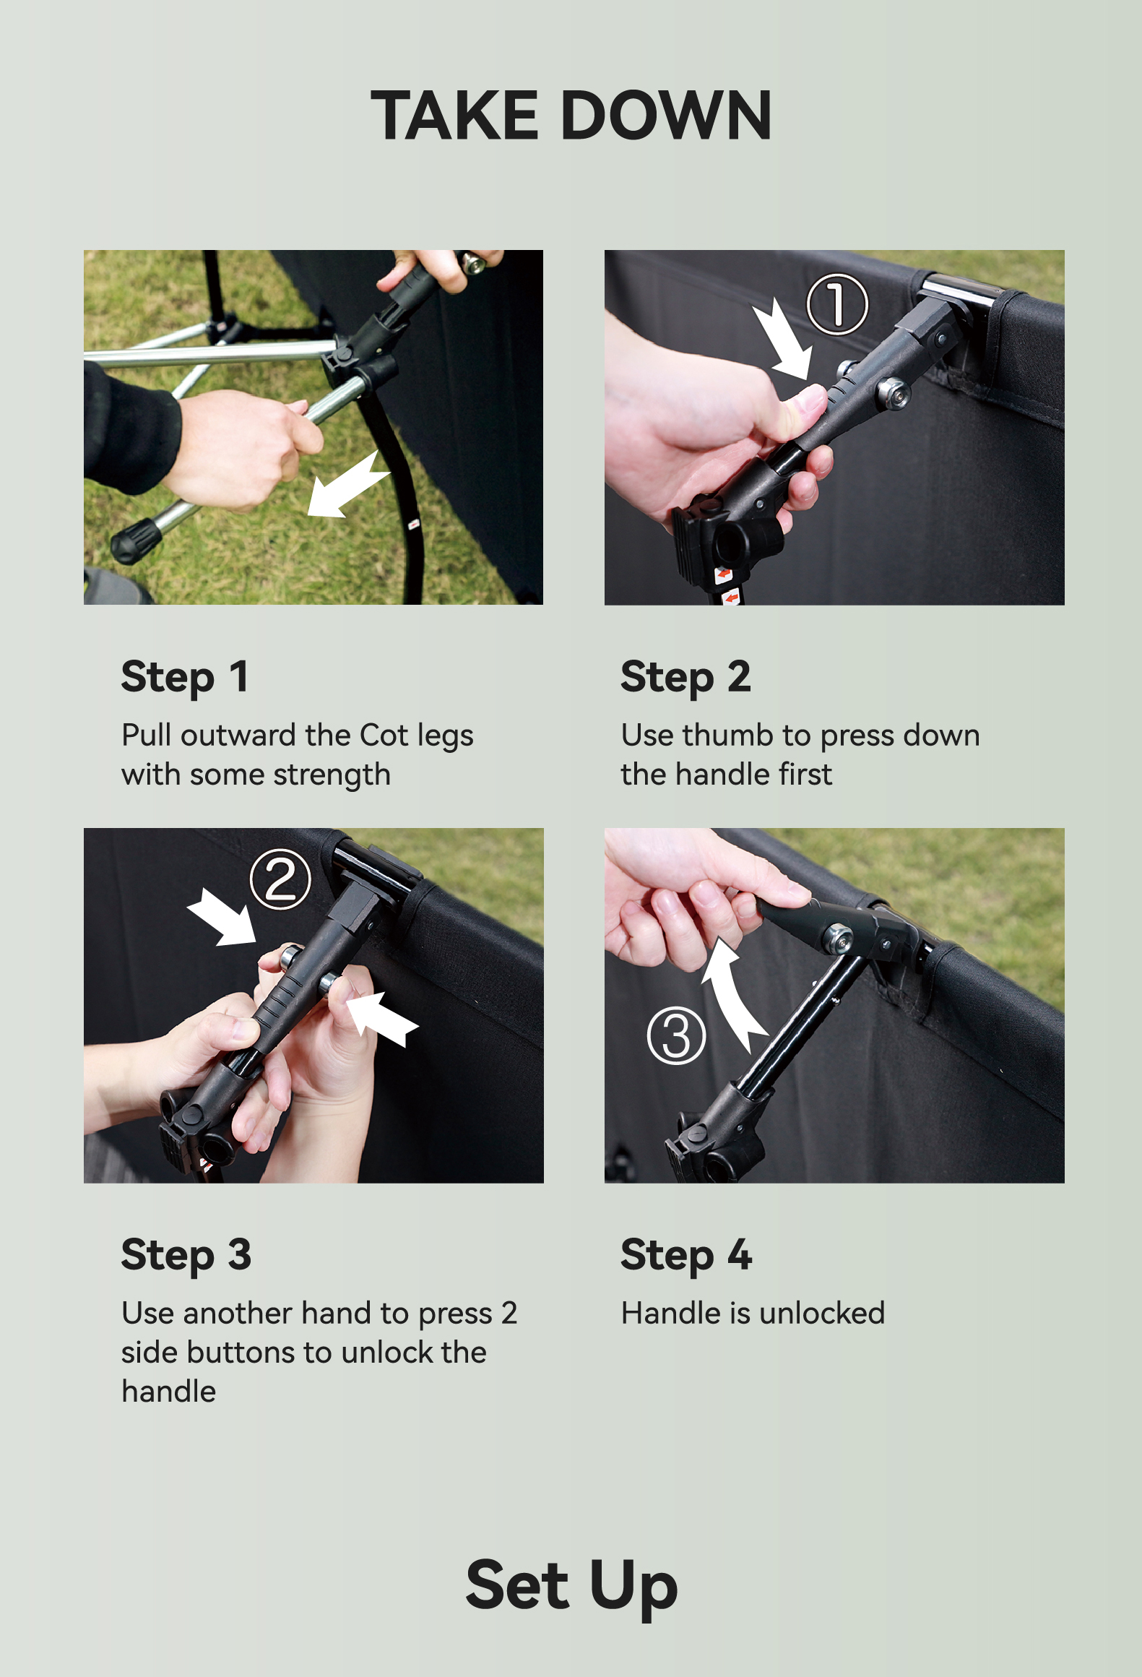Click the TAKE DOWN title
pos(571,116)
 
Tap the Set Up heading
pos(571,1587)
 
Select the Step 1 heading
pos(185,678)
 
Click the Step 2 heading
pos(685,678)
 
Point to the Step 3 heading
pos(186,1256)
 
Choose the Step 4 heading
pos(686,1256)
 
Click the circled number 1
pos(836,304)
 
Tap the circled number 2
pos(280,879)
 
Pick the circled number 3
pos(676,1036)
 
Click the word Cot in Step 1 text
pos(384,736)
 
